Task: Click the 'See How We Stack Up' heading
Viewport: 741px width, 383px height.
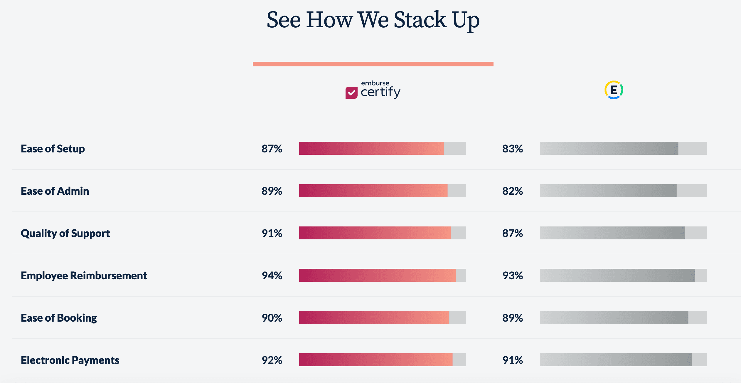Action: point(373,20)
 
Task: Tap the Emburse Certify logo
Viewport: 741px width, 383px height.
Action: point(373,90)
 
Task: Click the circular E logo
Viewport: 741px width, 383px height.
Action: point(614,90)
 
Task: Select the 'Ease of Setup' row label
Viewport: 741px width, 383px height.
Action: point(53,149)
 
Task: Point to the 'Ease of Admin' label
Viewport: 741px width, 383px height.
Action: point(55,191)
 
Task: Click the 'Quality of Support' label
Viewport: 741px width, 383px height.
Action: point(65,233)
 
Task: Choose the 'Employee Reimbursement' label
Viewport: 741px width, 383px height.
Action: point(84,276)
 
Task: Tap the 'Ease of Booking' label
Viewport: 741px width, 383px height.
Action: point(59,318)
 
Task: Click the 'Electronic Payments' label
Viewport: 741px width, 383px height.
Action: point(70,360)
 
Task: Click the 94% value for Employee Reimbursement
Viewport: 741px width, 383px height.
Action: point(272,276)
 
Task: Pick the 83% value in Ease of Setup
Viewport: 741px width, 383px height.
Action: point(513,149)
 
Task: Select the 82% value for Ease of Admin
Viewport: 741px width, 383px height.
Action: point(513,191)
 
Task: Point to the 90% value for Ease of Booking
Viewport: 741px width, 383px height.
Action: point(272,318)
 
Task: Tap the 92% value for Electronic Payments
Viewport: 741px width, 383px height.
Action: point(272,360)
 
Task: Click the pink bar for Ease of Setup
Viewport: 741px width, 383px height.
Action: point(372,148)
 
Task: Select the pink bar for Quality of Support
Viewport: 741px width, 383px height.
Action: point(375,233)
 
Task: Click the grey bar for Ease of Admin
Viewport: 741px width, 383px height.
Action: point(608,191)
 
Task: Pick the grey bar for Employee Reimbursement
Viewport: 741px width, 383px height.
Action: point(617,275)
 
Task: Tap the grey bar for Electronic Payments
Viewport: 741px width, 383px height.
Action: point(616,360)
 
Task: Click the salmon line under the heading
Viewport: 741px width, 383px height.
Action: point(373,64)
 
